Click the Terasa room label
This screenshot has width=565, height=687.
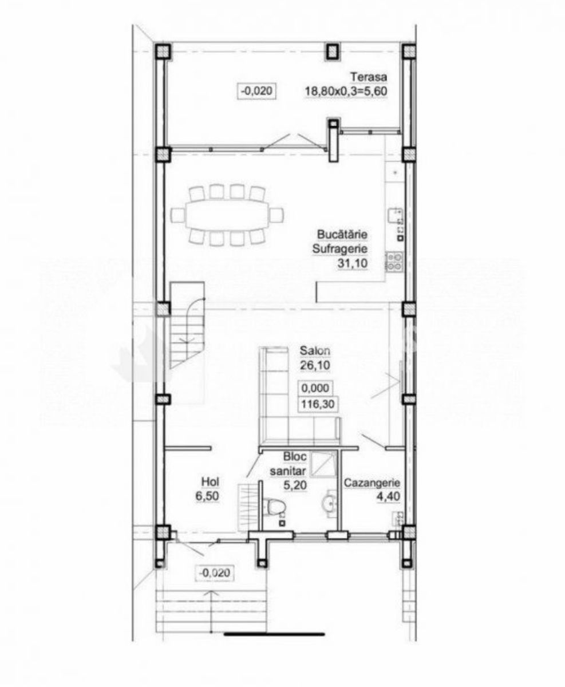[x=369, y=77]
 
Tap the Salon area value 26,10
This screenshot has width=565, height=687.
[x=315, y=365]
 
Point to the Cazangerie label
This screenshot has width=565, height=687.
[x=372, y=483]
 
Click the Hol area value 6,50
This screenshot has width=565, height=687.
[x=207, y=496]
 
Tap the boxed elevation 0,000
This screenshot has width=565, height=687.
[x=315, y=388]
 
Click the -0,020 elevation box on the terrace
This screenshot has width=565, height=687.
[x=257, y=90]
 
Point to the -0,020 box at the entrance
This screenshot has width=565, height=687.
[x=214, y=572]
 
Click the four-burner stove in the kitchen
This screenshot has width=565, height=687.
[x=394, y=262]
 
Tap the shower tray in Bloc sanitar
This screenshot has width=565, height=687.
[x=323, y=465]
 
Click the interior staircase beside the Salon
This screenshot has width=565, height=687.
[x=187, y=325]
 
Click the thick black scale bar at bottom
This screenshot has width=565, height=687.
[x=275, y=643]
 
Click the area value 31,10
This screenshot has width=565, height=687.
[x=353, y=263]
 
